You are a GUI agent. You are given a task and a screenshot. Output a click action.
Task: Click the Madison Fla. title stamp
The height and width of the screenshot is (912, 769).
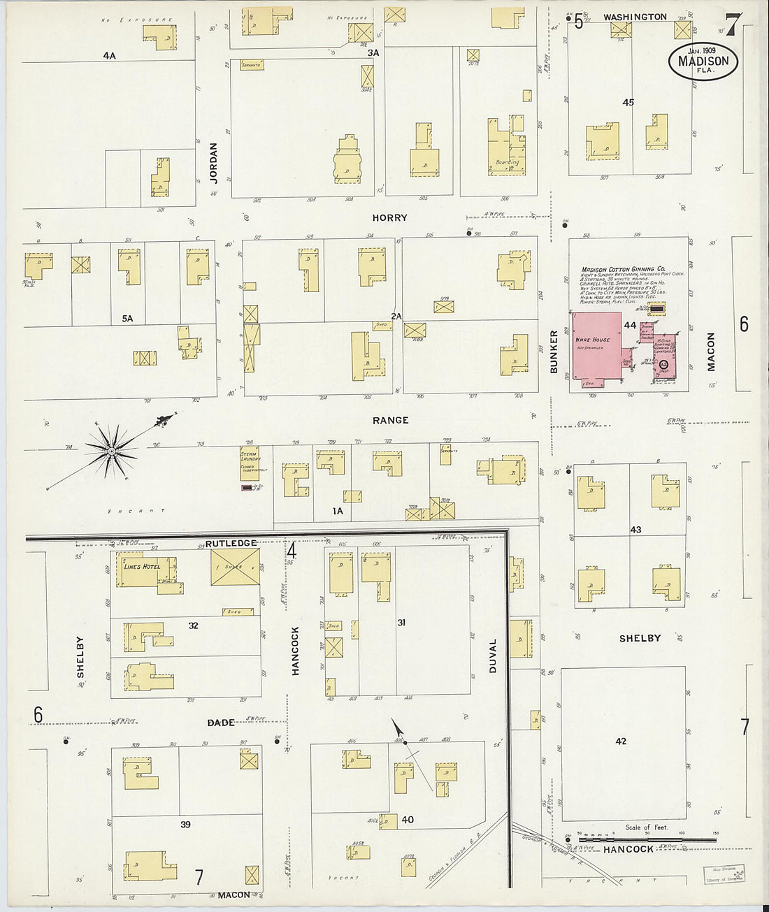pyautogui.click(x=703, y=61)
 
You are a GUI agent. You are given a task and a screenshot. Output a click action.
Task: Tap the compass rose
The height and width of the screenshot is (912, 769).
pyautogui.click(x=111, y=451)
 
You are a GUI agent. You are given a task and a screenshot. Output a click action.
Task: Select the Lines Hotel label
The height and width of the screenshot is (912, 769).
pyautogui.click(x=142, y=566)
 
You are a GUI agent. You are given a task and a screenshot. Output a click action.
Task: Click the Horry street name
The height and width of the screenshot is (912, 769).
pyautogui.click(x=389, y=218)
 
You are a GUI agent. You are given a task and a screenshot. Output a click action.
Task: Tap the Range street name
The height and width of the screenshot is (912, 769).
pyautogui.click(x=390, y=420)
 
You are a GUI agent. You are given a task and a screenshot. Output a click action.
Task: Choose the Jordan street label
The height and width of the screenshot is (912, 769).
pyautogui.click(x=214, y=163)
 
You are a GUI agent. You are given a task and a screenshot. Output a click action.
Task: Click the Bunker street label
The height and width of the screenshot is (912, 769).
pyautogui.click(x=554, y=352)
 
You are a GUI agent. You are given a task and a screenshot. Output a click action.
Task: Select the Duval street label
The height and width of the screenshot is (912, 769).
pyautogui.click(x=493, y=656)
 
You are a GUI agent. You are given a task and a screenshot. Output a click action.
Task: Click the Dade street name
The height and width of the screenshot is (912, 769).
pyautogui.click(x=220, y=722)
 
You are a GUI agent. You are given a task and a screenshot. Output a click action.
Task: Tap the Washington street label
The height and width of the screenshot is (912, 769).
pyautogui.click(x=635, y=17)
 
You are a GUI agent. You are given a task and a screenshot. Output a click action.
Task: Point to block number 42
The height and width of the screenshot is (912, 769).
pyautogui.click(x=621, y=741)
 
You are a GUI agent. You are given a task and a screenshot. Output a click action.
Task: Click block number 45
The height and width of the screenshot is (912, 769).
pyautogui.click(x=628, y=103)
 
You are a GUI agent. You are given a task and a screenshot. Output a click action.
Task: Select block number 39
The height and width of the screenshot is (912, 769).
pyautogui.click(x=185, y=825)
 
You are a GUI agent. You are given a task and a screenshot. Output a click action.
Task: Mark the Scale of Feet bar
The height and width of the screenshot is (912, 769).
pyautogui.click(x=647, y=839)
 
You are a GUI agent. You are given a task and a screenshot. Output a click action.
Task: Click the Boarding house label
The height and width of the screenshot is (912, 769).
pyautogui.click(x=508, y=162)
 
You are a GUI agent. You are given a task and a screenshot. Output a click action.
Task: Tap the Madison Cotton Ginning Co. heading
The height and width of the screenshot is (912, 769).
pyautogui.click(x=623, y=269)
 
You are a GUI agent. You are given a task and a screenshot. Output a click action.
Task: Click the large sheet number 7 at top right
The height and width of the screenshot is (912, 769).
pyautogui.click(x=731, y=25)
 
